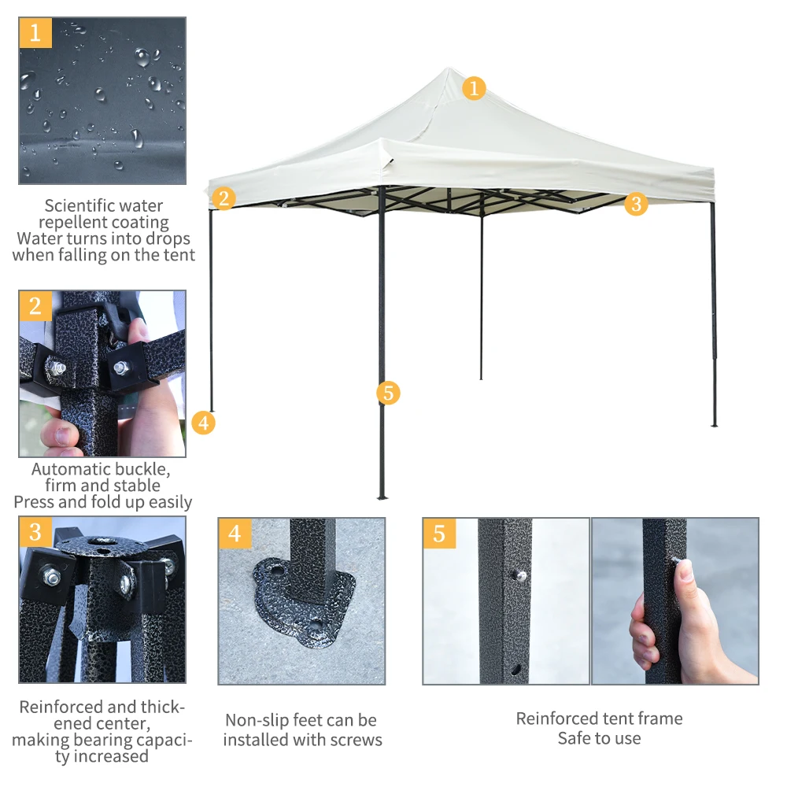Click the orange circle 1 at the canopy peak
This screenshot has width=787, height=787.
474,88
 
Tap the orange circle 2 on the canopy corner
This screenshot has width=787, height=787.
224,198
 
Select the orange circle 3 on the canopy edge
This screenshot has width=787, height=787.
636,204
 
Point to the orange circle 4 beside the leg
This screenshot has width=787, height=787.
203,423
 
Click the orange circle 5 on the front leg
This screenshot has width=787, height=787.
388,393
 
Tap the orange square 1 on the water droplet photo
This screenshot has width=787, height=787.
35,33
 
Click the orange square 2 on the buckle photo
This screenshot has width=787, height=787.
35,305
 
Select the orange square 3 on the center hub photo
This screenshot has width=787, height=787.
35,532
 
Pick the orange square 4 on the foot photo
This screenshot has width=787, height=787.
235,534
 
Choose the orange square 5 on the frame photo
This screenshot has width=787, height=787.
439,534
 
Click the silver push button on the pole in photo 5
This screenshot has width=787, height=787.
522,576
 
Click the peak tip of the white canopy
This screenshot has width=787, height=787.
449,68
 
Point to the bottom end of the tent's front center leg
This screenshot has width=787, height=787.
382,497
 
